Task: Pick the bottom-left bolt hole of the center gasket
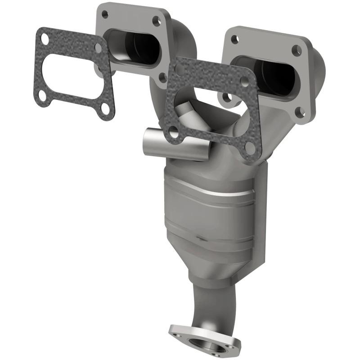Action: (173, 131)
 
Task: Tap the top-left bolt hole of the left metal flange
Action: (105, 14)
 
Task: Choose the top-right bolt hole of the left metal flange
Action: (157, 20)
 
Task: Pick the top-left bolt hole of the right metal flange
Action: (234, 39)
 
